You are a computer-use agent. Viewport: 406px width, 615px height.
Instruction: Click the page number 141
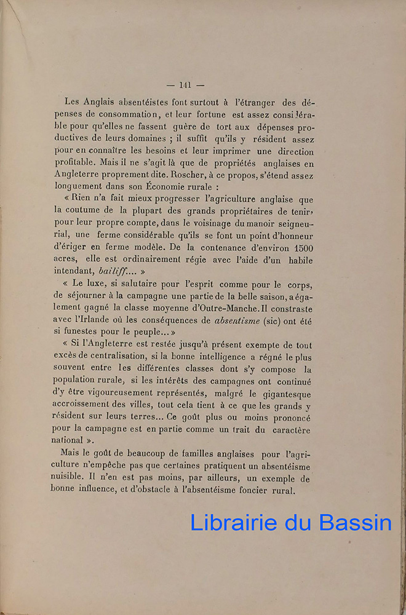(185, 85)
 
